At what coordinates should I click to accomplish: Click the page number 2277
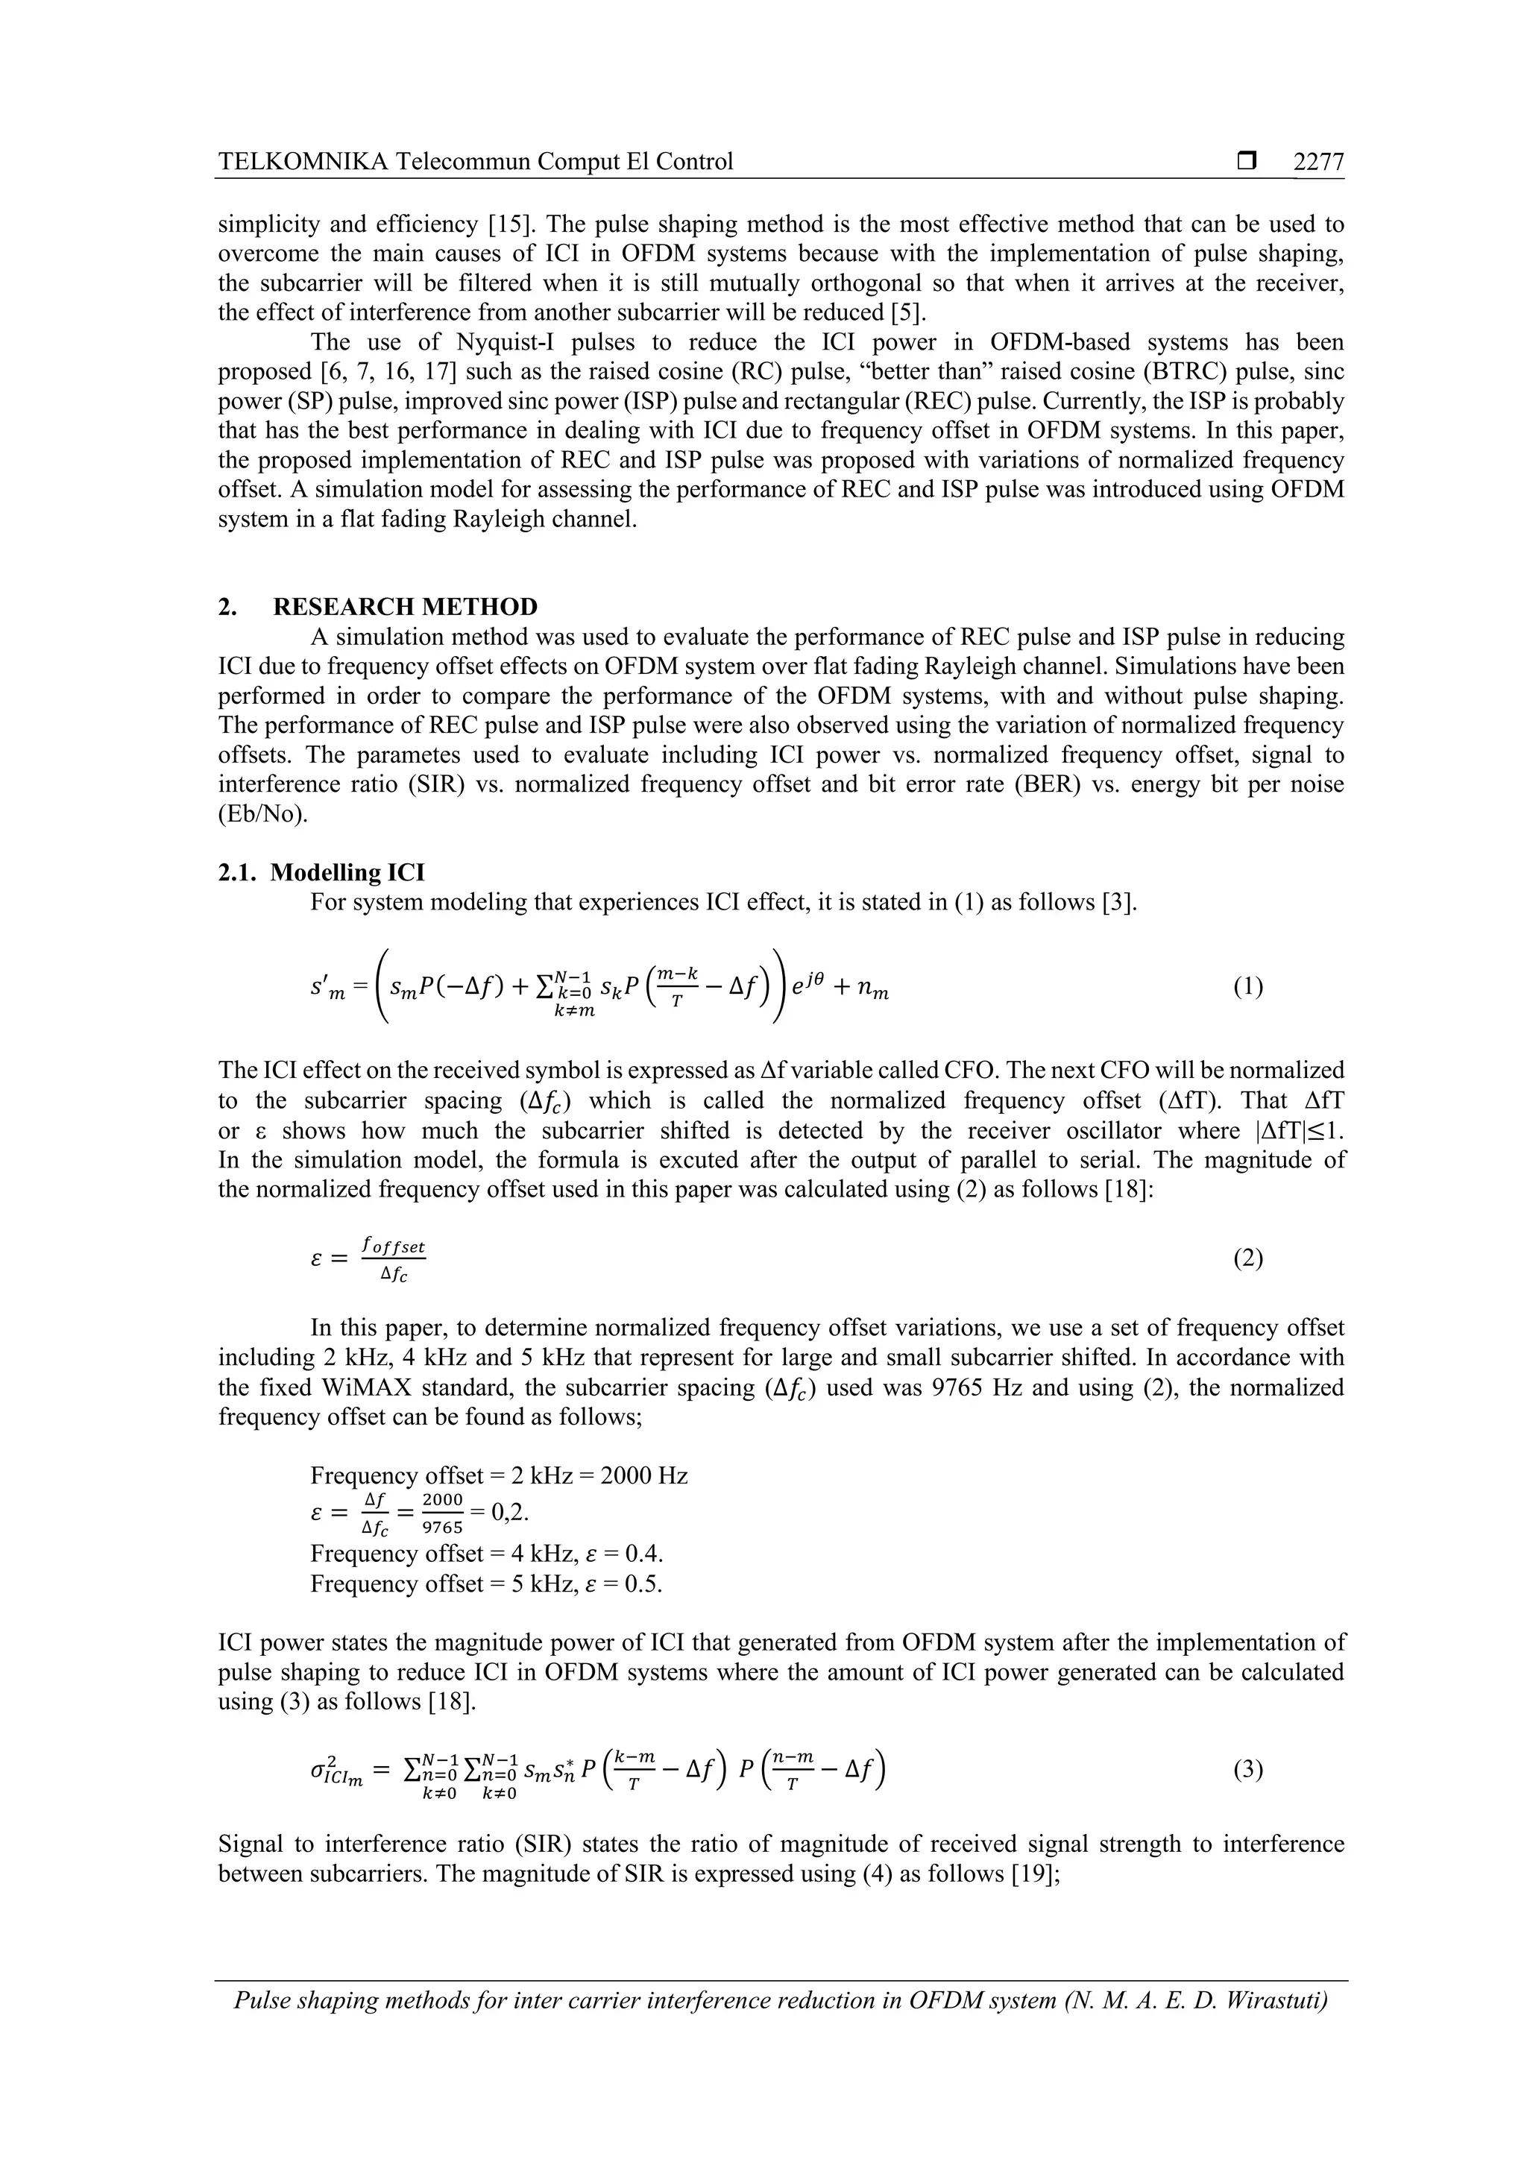coord(1318,162)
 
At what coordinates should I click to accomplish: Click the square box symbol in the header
coord(1247,162)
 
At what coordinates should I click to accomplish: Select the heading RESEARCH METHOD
coord(406,607)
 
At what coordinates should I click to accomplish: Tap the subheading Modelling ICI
coord(347,873)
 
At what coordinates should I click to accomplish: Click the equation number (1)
coord(1247,986)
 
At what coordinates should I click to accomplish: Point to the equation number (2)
coord(1247,1258)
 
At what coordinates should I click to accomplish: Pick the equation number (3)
coord(1247,1770)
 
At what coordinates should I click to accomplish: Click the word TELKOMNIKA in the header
coord(303,162)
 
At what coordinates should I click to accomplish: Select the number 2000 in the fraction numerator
coord(443,1499)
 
